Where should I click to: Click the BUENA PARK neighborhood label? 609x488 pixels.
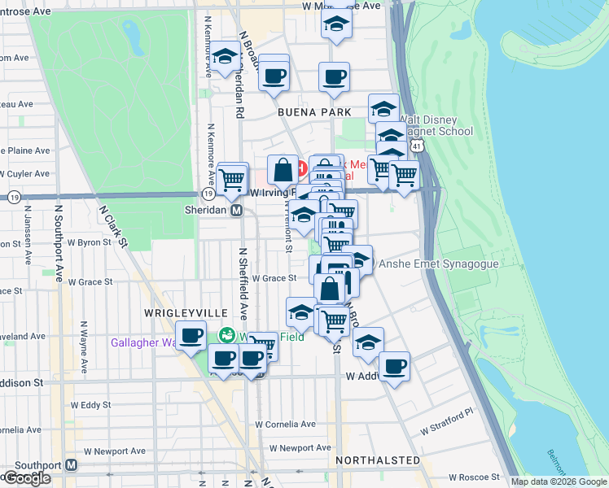(313, 112)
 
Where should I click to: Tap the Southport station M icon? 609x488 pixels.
(71, 465)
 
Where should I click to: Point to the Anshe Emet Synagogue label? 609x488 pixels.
(434, 264)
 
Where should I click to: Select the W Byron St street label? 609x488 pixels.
(89, 242)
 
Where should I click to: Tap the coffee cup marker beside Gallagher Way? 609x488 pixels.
(191, 334)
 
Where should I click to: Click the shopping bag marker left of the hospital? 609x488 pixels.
(283, 170)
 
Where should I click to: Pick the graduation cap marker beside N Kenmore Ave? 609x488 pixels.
(224, 58)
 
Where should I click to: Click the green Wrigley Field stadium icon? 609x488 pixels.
(227, 334)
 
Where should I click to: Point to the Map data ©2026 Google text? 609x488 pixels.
(559, 481)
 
